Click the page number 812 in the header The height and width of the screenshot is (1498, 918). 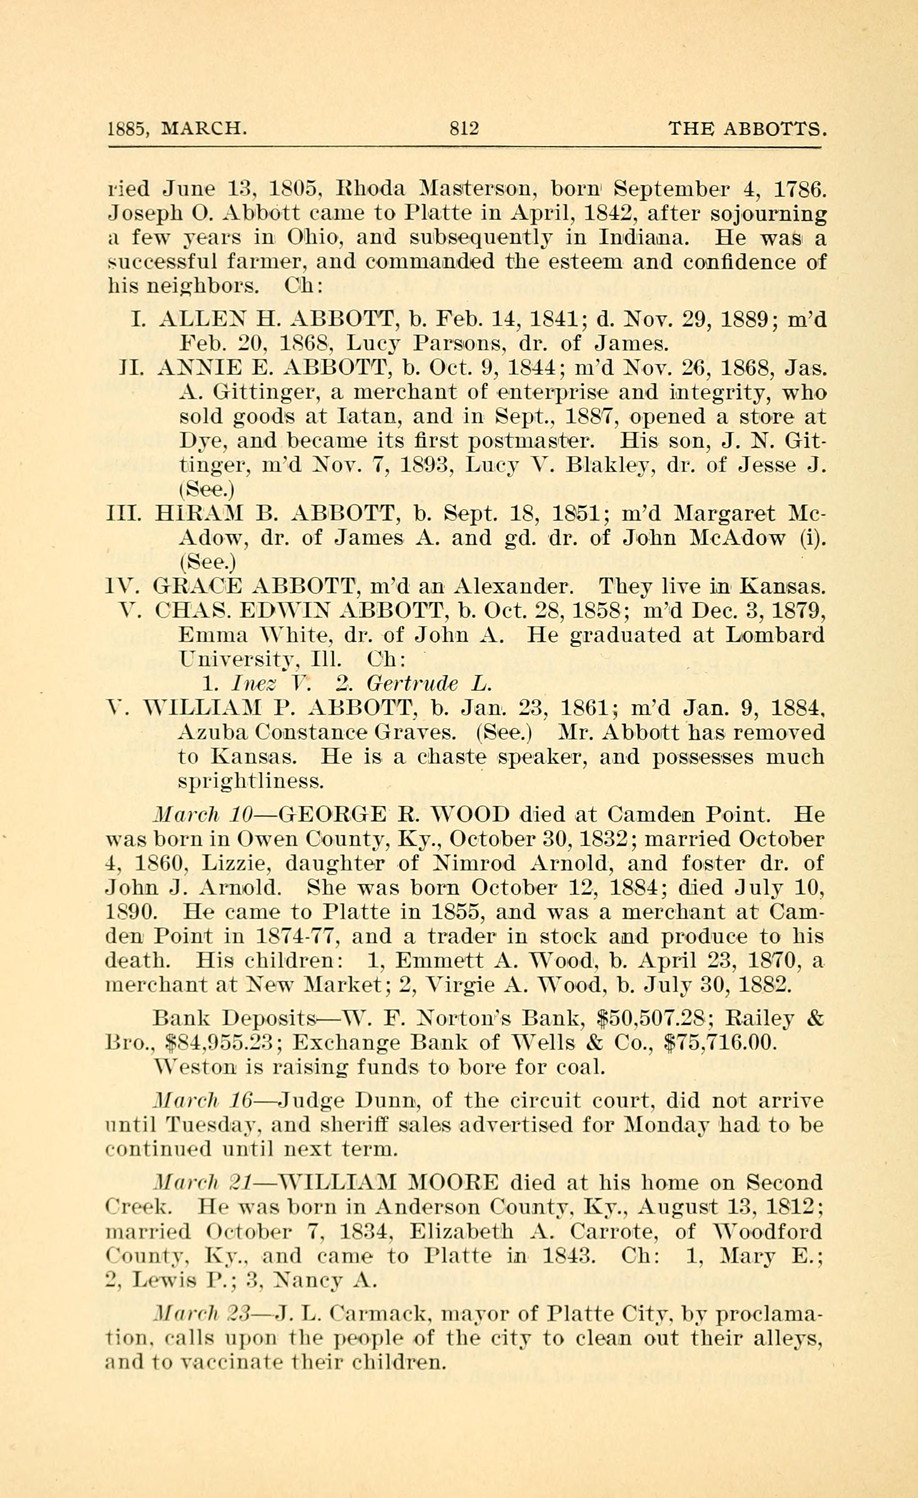[x=464, y=129]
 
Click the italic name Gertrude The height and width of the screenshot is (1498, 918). [x=411, y=684]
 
